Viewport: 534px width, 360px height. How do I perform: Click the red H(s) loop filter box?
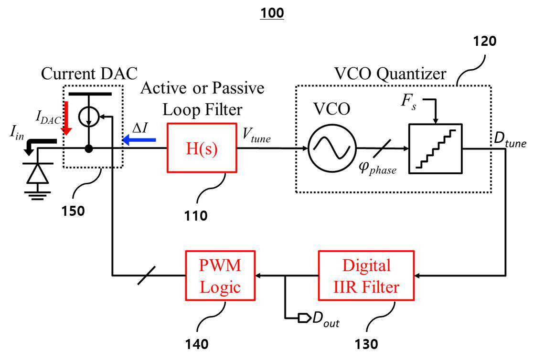click(x=202, y=148)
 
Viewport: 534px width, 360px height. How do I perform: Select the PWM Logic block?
click(x=220, y=275)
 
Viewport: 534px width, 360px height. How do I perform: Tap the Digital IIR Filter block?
click(x=366, y=275)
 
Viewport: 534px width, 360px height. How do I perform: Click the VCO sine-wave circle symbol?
click(x=332, y=148)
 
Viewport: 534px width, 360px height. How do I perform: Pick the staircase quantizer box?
click(x=435, y=149)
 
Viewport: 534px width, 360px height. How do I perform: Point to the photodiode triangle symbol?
click(x=37, y=174)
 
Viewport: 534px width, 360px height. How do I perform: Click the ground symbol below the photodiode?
click(x=37, y=195)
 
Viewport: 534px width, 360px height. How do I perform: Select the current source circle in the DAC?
click(x=88, y=117)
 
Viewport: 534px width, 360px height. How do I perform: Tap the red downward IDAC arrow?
click(x=67, y=117)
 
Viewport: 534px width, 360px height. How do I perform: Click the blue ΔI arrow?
click(x=139, y=139)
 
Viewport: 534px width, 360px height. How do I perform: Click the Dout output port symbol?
click(x=304, y=318)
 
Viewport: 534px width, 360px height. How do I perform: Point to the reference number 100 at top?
click(x=272, y=13)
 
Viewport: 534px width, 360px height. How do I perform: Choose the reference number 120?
click(x=485, y=41)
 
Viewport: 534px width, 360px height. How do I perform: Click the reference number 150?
click(x=73, y=211)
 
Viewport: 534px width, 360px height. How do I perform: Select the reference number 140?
click(x=197, y=344)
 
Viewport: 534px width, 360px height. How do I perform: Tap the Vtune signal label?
click(x=256, y=135)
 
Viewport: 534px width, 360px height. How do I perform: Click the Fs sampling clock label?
click(x=408, y=102)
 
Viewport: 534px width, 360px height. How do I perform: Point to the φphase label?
click(x=378, y=168)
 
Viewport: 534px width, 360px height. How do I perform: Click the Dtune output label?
click(x=510, y=139)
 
